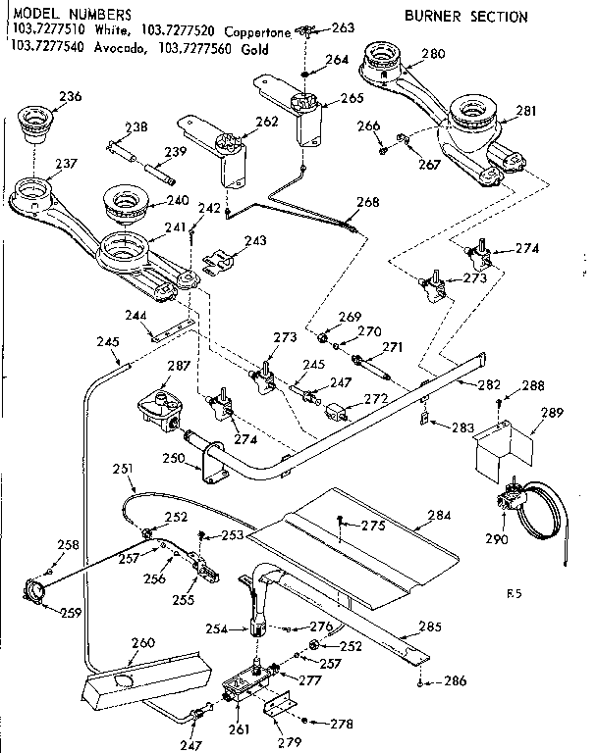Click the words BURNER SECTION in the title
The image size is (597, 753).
pyautogui.click(x=465, y=17)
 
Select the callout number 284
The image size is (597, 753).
pyautogui.click(x=439, y=515)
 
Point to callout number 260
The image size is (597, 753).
pyautogui.click(x=143, y=644)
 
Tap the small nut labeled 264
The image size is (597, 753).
pyautogui.click(x=307, y=75)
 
